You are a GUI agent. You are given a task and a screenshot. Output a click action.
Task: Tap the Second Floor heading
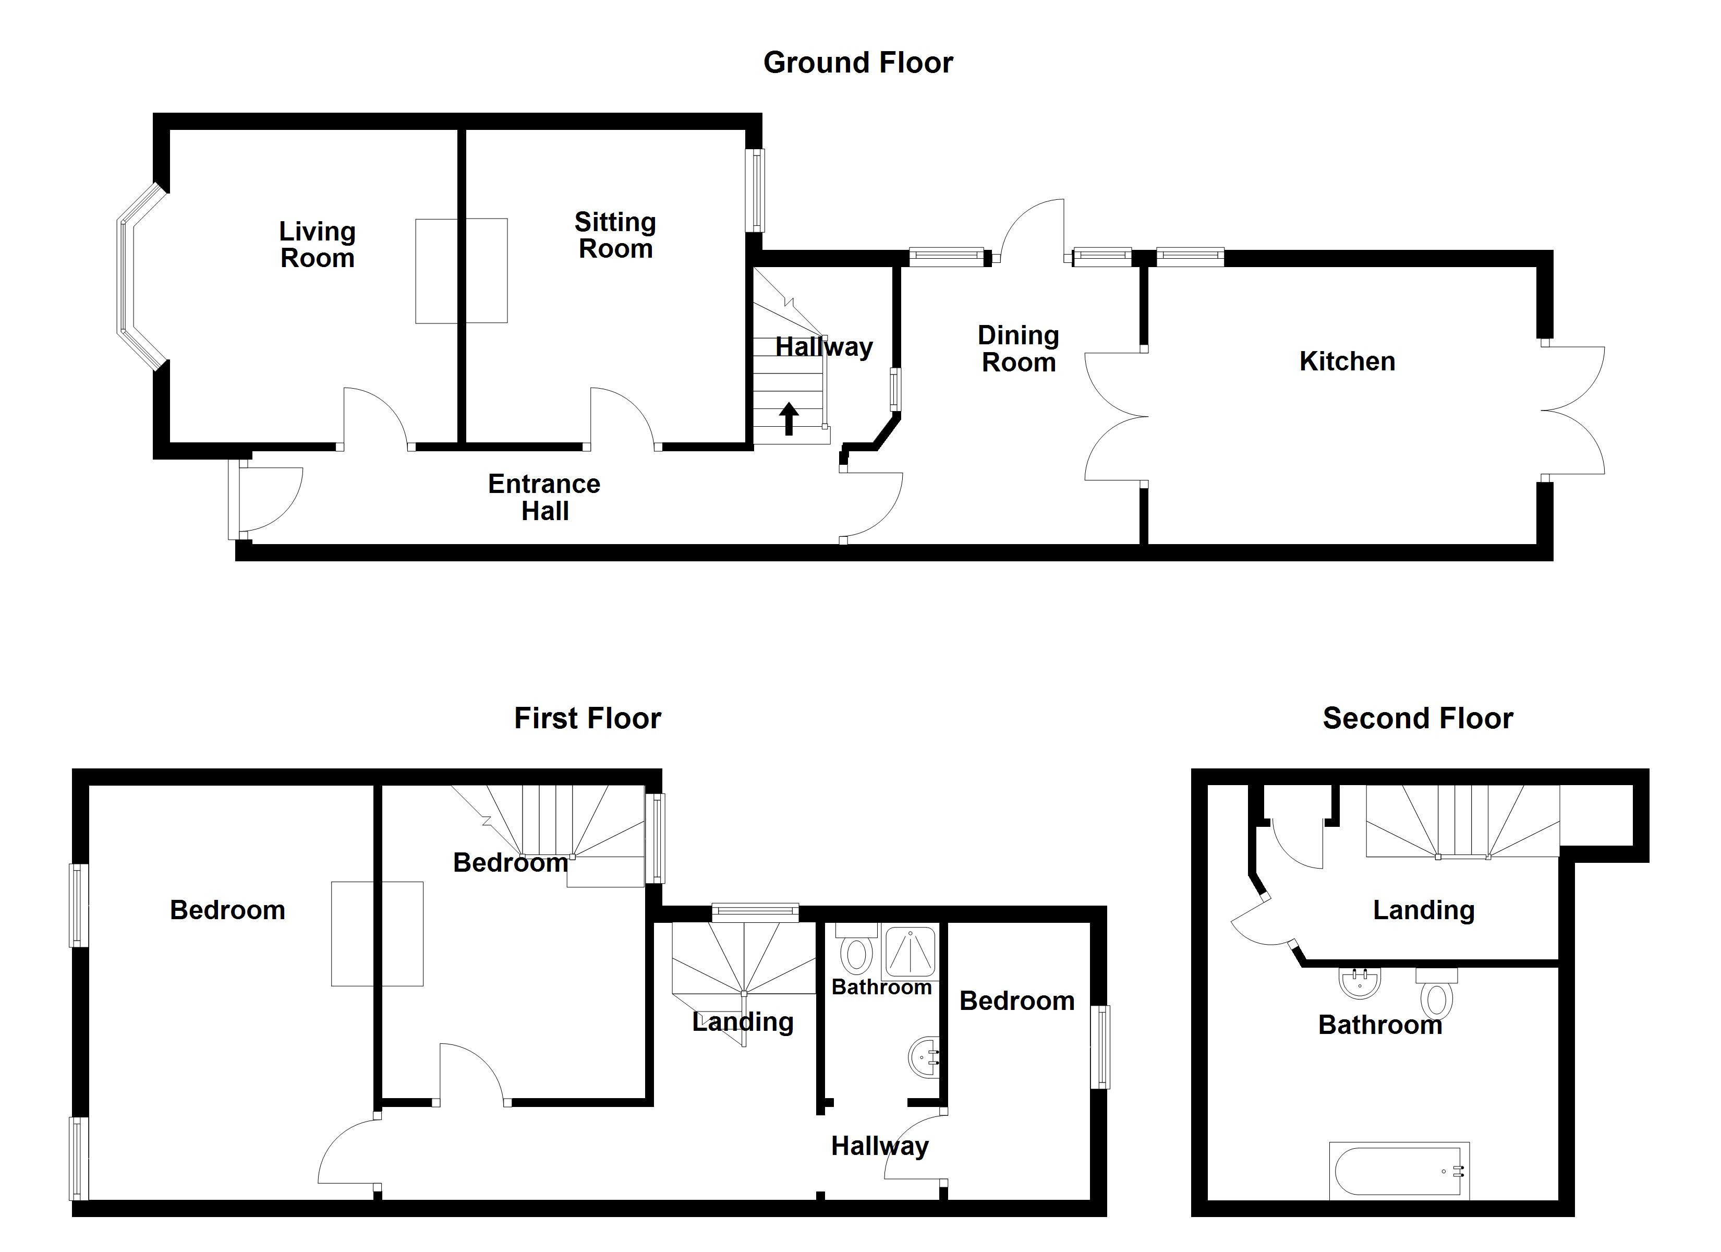pyautogui.click(x=1417, y=718)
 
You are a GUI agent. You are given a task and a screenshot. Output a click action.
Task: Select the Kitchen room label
pyautogui.click(x=1347, y=362)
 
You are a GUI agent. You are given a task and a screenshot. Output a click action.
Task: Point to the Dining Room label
pyautogui.click(x=1019, y=348)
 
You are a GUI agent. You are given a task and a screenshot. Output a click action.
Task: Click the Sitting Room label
pyautogui.click(x=615, y=235)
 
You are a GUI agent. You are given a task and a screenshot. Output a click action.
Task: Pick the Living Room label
pyautogui.click(x=317, y=245)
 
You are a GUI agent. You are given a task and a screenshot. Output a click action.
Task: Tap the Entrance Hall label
pyautogui.click(x=544, y=497)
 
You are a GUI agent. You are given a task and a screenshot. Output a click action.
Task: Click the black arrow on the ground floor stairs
pyautogui.click(x=789, y=418)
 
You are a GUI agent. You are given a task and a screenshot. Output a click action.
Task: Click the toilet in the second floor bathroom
pyautogui.click(x=1436, y=993)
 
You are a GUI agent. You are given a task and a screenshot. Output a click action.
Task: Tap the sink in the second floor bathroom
pyautogui.click(x=1360, y=983)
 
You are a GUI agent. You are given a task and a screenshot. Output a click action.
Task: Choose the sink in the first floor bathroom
pyautogui.click(x=924, y=1057)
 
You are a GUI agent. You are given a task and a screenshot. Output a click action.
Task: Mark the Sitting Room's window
pyautogui.click(x=757, y=190)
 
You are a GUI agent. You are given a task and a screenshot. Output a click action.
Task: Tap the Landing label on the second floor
pyautogui.click(x=1424, y=910)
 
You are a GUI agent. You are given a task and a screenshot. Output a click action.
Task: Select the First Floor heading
pyautogui.click(x=587, y=718)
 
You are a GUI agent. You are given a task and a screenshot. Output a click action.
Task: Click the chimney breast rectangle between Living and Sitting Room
pyautogui.click(x=462, y=271)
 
